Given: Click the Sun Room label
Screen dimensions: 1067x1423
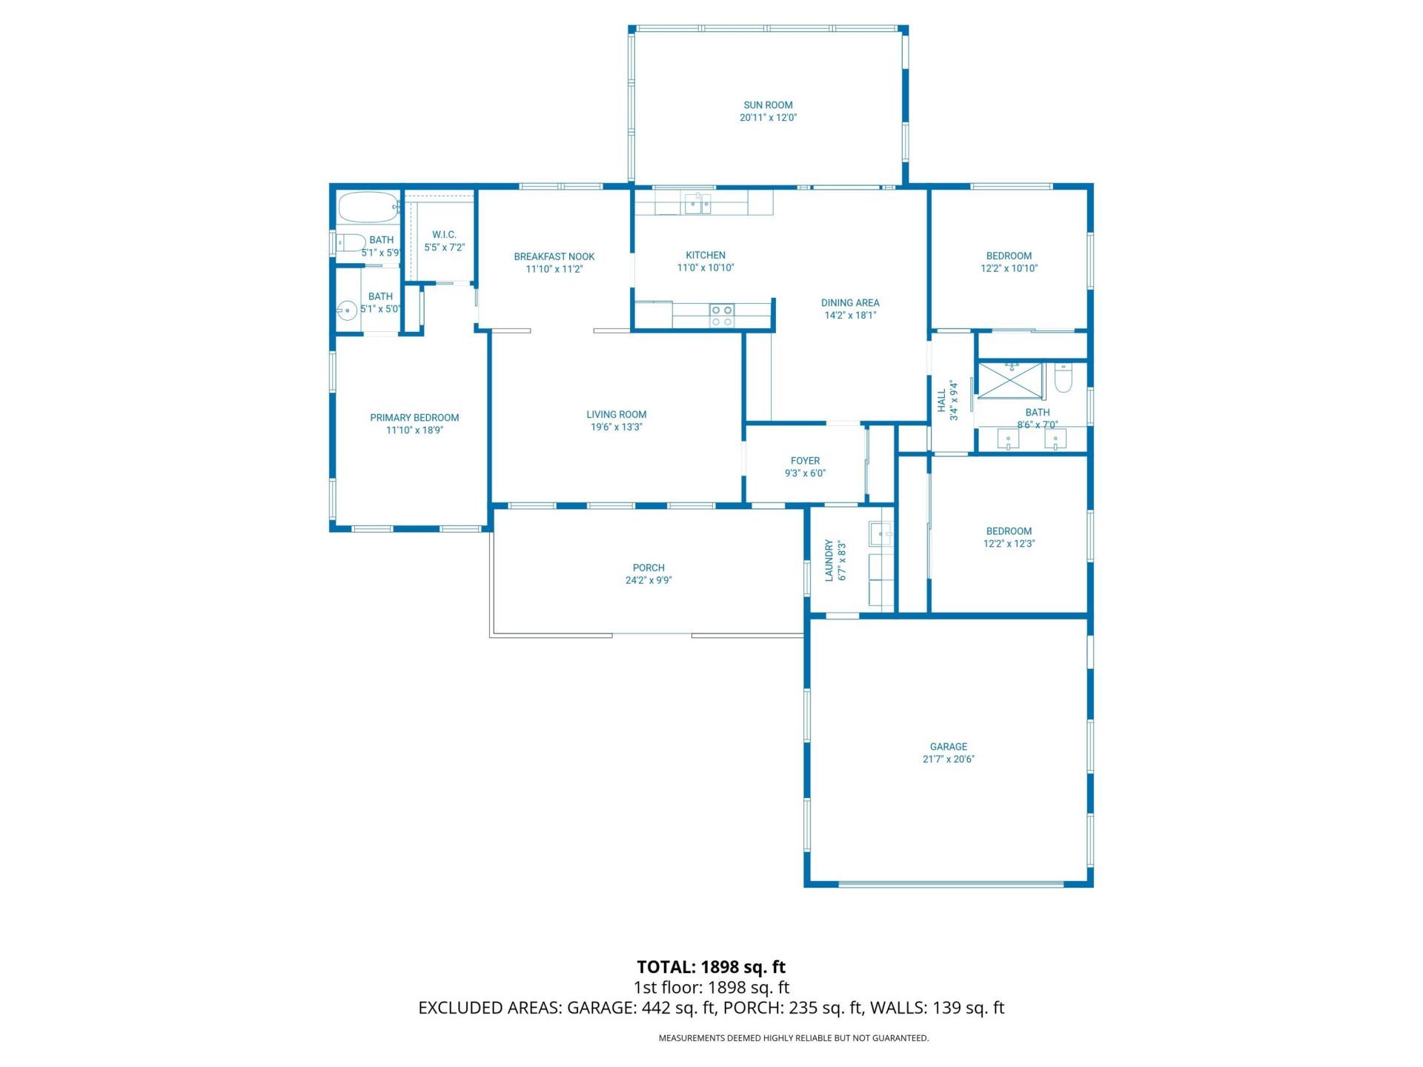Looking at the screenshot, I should point(768,105).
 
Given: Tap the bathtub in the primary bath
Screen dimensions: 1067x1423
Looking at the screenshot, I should point(368,207).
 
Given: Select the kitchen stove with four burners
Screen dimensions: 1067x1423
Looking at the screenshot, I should point(722,316).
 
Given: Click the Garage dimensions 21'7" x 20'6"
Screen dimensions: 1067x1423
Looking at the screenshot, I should point(949,759).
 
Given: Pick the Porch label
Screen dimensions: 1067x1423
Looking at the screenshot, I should point(649,568).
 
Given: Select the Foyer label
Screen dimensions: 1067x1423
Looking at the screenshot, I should point(805,460).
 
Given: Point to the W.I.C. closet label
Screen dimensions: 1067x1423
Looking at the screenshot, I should point(444,234).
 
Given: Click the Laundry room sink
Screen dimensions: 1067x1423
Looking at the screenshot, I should point(881,533).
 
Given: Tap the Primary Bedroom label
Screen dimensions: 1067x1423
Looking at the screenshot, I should point(414,417).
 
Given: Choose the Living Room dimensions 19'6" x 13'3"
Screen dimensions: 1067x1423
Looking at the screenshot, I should point(617,427).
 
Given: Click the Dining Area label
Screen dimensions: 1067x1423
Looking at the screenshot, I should point(850,302).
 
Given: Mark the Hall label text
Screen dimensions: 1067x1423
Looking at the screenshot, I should point(942,401).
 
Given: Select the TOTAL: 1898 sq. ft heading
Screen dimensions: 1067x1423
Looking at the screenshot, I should point(711,967).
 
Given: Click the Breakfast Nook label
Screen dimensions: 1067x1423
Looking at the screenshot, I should point(554,256).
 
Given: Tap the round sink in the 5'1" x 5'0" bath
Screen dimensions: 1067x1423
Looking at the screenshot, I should point(347,310).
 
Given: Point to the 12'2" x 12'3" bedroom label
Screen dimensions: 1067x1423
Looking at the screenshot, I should point(1009,531).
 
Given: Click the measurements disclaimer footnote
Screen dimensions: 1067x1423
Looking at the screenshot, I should point(793,1038).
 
